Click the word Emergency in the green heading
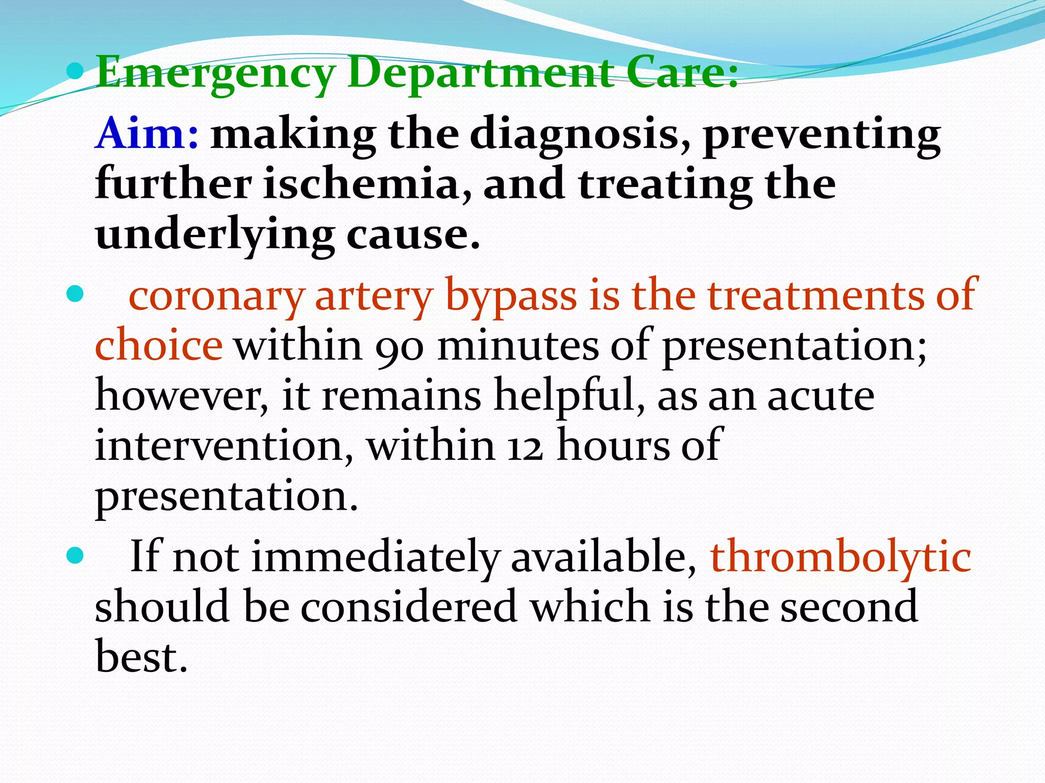tap(214, 74)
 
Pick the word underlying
tap(215, 236)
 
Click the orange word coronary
tap(216, 296)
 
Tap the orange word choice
tap(159, 346)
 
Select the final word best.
tap(141, 657)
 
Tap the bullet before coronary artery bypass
tap(74, 294)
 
